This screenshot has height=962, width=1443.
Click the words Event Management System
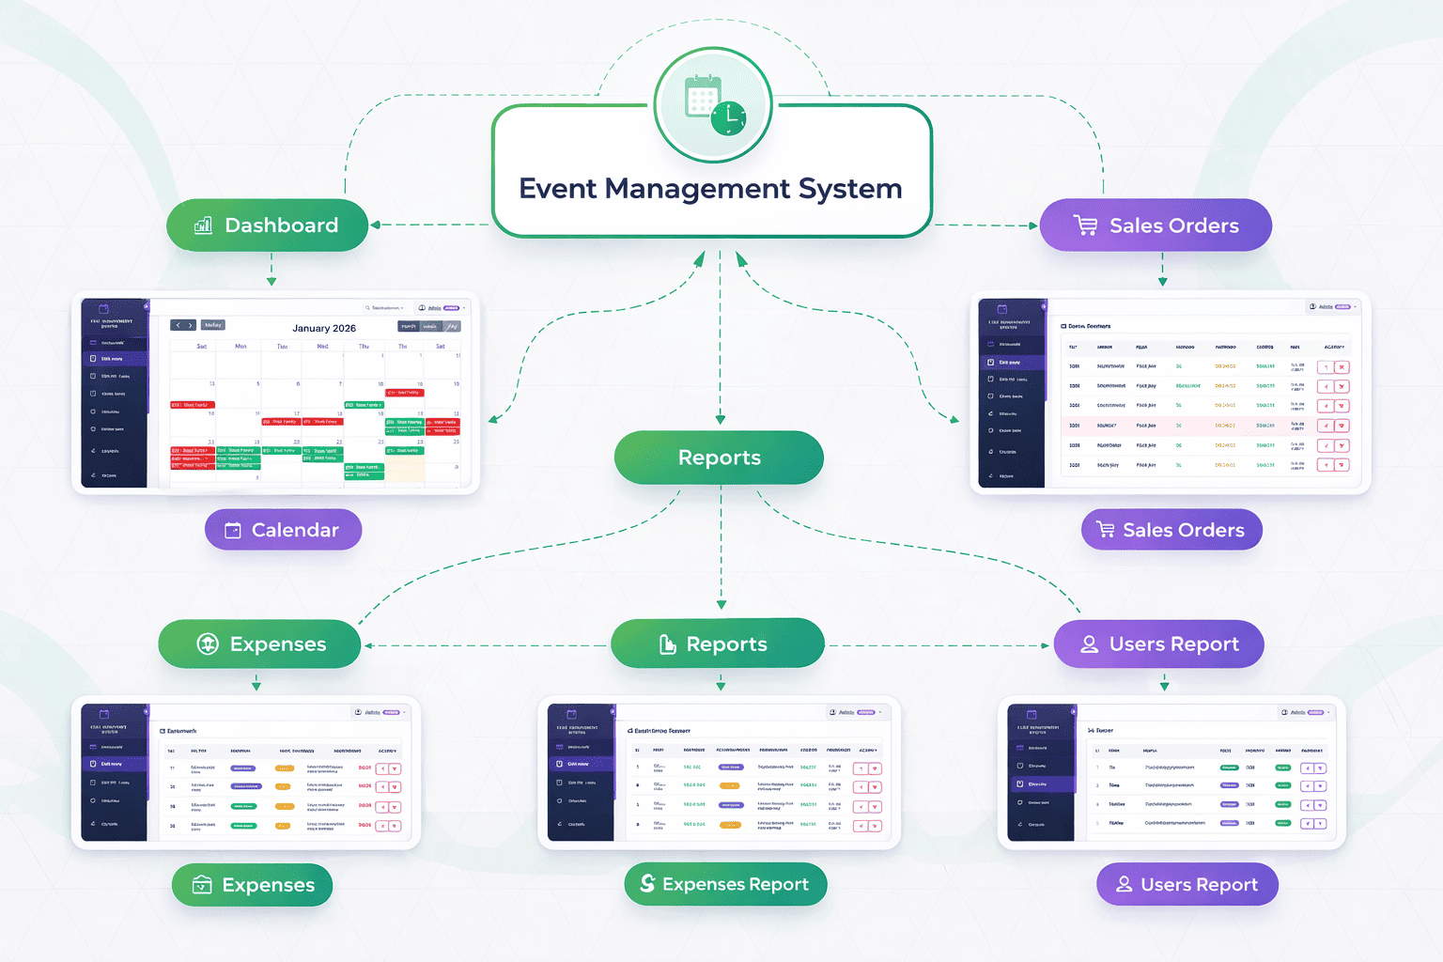710,189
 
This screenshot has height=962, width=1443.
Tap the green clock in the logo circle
728,118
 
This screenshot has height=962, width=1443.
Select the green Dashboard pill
268,225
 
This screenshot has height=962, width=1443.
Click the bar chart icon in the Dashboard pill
203,225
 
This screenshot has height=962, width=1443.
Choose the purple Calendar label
284,530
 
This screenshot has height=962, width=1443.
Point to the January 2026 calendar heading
324,328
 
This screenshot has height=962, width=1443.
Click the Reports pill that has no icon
719,458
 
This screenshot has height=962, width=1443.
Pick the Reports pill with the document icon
718,644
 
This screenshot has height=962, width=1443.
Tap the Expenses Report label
725,884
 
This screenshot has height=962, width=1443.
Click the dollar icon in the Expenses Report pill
647,883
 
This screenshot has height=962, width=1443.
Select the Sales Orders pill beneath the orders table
1171,530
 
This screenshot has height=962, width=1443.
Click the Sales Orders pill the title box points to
1156,225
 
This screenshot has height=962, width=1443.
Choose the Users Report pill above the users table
1159,644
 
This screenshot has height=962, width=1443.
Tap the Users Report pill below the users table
1187,884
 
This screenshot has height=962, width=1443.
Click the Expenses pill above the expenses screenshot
259,644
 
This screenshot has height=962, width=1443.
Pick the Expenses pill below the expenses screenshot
253,885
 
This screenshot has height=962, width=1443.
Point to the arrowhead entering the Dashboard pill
375,225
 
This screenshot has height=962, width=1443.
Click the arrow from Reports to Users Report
939,646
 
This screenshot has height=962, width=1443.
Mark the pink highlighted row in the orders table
1202,426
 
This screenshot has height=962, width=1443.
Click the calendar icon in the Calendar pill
233,531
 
